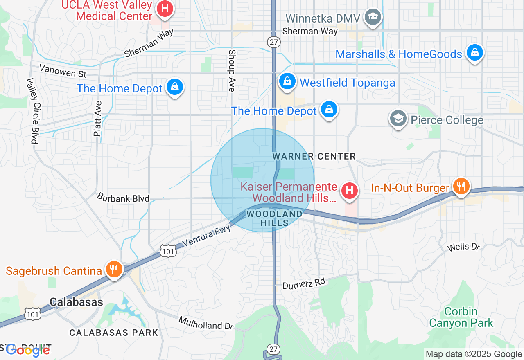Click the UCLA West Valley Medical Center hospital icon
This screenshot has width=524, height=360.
pyautogui.click(x=165, y=9)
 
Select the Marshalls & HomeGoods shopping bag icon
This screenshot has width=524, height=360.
pyautogui.click(x=474, y=53)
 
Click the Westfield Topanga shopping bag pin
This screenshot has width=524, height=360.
pyautogui.click(x=288, y=81)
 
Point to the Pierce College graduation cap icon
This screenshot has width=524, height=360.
pyautogui.click(x=398, y=119)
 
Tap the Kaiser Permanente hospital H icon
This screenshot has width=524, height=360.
pyautogui.click(x=350, y=191)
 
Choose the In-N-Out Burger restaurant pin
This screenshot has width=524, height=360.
pyautogui.click(x=461, y=187)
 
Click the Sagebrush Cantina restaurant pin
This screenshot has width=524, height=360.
pyautogui.click(x=113, y=270)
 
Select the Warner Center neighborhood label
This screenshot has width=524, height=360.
pyautogui.click(x=314, y=156)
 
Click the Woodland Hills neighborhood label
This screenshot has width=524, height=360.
pyautogui.click(x=274, y=218)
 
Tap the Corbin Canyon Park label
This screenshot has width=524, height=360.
pyautogui.click(x=461, y=317)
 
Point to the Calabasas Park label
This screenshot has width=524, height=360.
pyautogui.click(x=113, y=333)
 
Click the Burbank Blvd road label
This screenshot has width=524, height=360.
pyautogui.click(x=123, y=198)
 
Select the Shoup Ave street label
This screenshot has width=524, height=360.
pyautogui.click(x=232, y=70)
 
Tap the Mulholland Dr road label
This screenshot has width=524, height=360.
pyautogui.click(x=206, y=323)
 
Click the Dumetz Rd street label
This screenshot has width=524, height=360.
pyautogui.click(x=304, y=283)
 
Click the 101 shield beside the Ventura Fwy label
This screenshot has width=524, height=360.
pyautogui.click(x=168, y=250)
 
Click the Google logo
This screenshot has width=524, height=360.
pyautogui.click(x=27, y=350)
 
